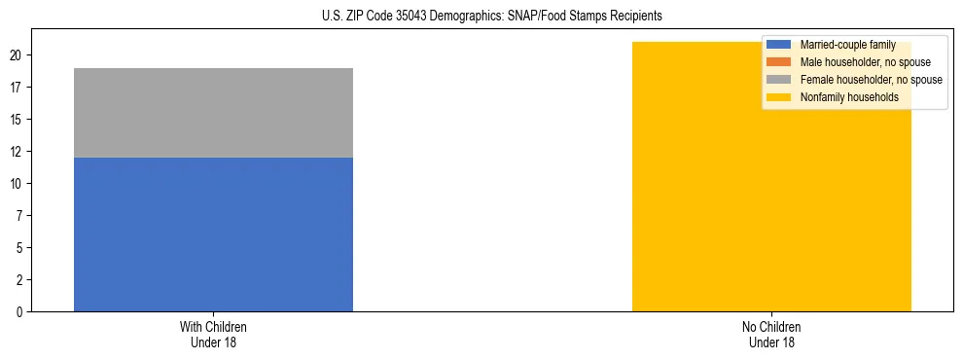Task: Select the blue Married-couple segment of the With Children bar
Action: [213, 234]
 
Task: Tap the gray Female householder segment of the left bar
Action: [213, 113]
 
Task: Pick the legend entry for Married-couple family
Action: [847, 45]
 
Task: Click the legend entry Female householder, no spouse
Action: [871, 80]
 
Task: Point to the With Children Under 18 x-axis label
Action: [213, 334]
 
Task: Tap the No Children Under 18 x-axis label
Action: [771, 334]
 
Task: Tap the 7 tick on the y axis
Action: [19, 216]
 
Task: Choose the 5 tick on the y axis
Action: [19, 248]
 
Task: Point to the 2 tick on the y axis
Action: [19, 280]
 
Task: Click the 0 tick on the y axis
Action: [19, 312]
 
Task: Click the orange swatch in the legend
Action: [779, 62]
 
